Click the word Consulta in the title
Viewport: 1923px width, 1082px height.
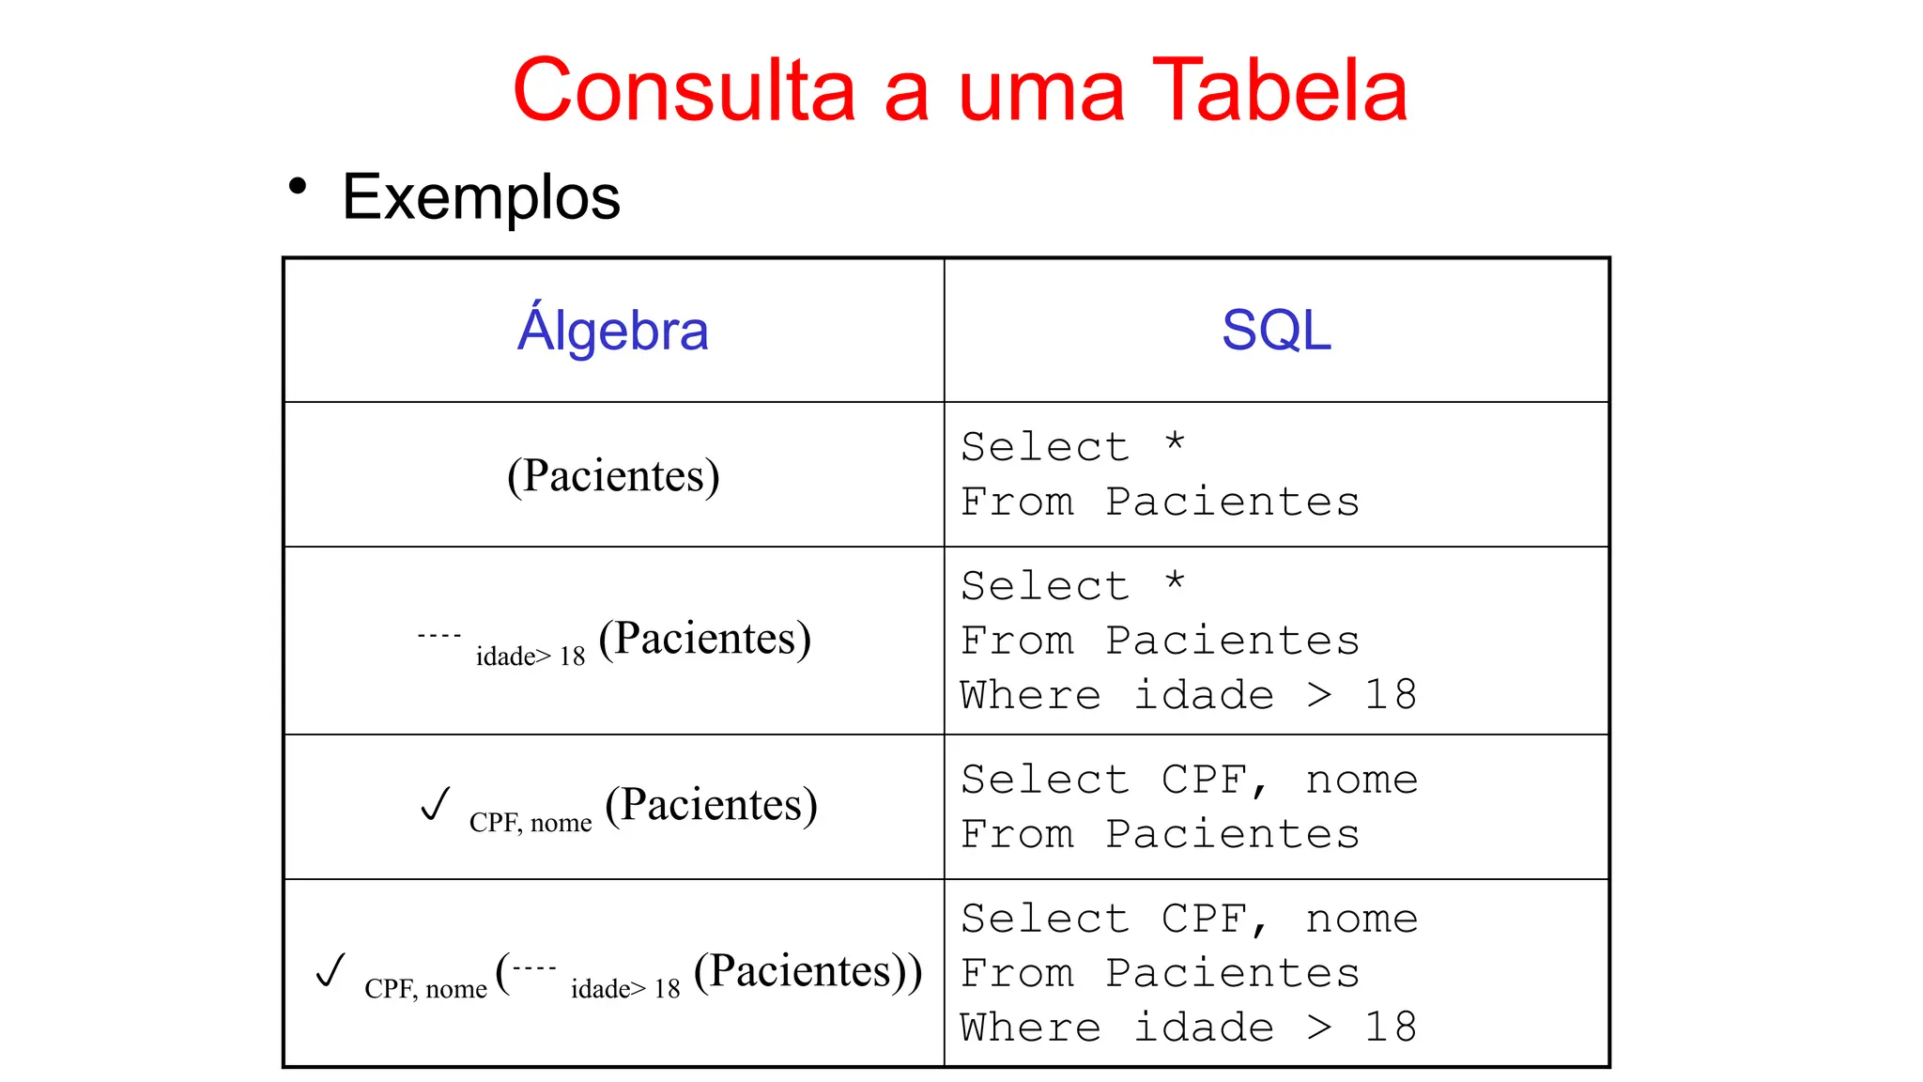tap(684, 90)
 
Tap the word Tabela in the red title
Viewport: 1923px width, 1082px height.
tap(1279, 90)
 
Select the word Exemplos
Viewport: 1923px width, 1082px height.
tap(481, 197)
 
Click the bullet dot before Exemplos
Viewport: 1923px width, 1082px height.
tap(298, 186)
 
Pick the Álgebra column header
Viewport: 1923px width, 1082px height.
tap(612, 331)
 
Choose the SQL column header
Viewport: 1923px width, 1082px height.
tap(1276, 331)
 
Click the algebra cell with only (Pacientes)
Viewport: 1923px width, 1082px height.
tap(613, 475)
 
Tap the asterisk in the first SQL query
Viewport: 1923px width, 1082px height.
tap(1175, 442)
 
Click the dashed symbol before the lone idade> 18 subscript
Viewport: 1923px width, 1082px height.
tap(438, 636)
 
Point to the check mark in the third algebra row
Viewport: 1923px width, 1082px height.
tap(436, 804)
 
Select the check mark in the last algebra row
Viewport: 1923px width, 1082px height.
tap(331, 970)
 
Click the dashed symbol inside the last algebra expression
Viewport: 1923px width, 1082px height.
tap(534, 967)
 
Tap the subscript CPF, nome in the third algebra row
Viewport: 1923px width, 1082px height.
tap(531, 823)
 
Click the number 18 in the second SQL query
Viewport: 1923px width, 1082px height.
tap(1391, 695)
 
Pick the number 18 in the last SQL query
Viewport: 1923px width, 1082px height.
tap(1391, 1028)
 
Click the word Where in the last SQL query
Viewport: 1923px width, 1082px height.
tap(1030, 1028)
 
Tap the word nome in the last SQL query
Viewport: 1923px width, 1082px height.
tap(1361, 919)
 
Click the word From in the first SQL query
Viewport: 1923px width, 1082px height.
tap(1017, 502)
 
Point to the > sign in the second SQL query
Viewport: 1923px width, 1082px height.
tap(1319, 695)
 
